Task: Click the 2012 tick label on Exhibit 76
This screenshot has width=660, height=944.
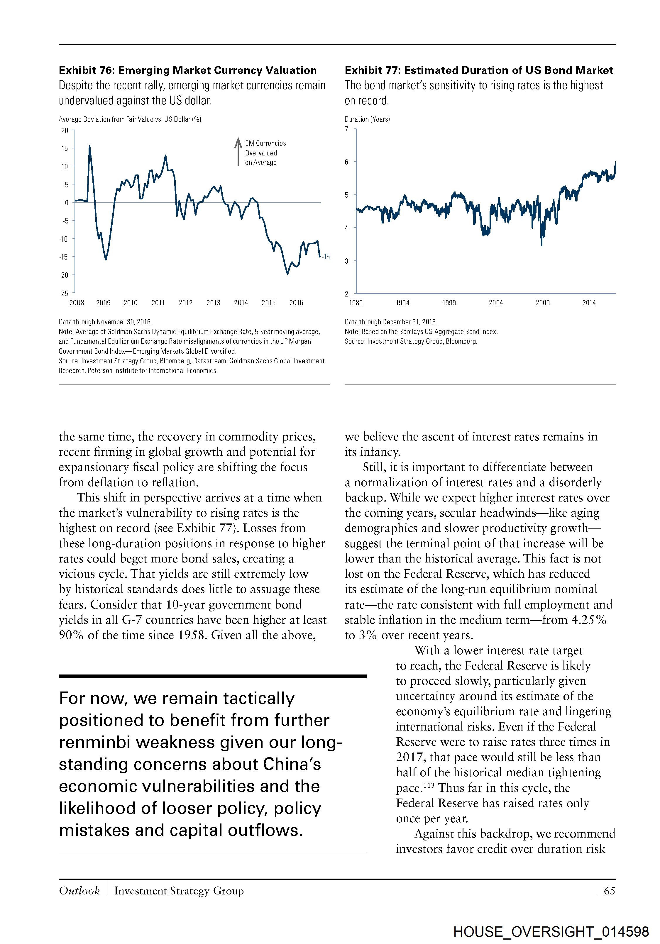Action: (185, 303)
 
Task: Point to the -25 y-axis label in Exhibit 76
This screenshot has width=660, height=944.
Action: (64, 293)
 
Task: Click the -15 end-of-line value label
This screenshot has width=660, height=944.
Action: (326, 257)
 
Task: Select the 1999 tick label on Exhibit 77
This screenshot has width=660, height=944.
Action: (449, 303)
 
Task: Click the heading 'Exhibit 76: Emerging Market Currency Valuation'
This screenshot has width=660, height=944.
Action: (187, 70)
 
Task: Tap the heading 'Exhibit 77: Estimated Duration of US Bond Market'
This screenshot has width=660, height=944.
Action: (479, 70)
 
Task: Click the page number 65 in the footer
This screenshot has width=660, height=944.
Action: (609, 891)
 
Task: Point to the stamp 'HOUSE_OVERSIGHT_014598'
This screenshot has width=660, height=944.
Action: (551, 932)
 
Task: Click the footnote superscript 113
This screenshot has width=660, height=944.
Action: (429, 784)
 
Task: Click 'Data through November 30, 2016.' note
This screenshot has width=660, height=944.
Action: (105, 322)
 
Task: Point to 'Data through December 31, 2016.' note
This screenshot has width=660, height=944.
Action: (391, 322)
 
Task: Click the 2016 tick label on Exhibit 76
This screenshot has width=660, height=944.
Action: (296, 303)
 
